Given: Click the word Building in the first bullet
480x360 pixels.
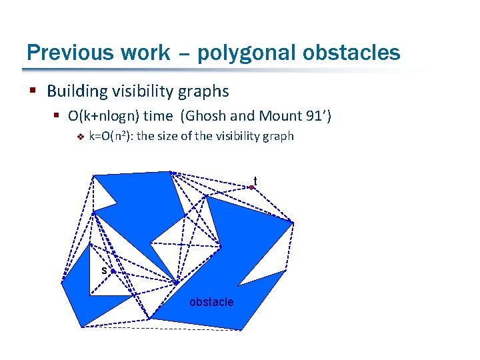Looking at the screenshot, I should tap(75, 91).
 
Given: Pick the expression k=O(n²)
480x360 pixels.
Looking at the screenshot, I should tap(111, 137).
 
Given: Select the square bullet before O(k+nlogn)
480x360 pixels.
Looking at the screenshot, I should tap(56, 117).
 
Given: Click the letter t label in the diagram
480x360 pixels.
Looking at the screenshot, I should tap(255, 180).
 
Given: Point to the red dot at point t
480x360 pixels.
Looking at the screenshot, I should tap(251, 188).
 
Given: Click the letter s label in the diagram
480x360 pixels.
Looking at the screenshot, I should tap(104, 271).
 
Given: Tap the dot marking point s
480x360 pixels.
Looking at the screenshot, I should tap(113, 272).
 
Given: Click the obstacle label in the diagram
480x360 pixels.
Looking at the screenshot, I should tap(211, 302).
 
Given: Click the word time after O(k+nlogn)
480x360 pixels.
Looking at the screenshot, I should tap(157, 116).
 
